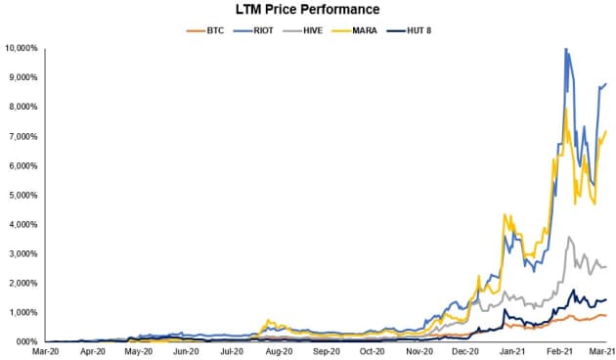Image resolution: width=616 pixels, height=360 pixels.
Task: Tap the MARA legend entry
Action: click(x=363, y=31)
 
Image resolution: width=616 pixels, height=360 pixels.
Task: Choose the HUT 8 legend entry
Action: click(x=419, y=31)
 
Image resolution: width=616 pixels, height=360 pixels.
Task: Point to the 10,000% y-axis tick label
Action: click(x=22, y=48)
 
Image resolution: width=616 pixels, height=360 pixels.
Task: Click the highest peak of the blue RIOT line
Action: click(x=565, y=49)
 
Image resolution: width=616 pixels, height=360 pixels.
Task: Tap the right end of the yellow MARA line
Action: click(x=606, y=131)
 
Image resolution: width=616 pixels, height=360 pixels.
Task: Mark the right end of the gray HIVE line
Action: click(x=606, y=266)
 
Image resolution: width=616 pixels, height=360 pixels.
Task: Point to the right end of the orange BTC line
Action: click(x=606, y=315)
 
